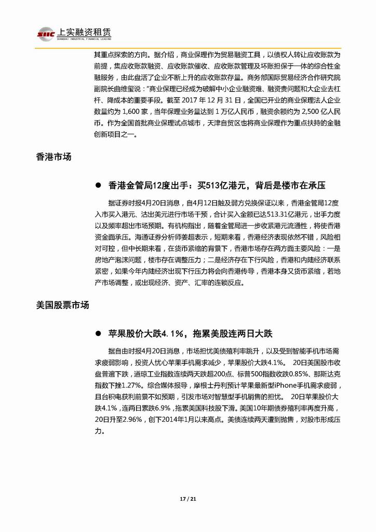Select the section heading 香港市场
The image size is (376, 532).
pyautogui.click(x=53, y=156)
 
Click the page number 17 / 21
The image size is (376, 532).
pyautogui.click(x=188, y=500)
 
